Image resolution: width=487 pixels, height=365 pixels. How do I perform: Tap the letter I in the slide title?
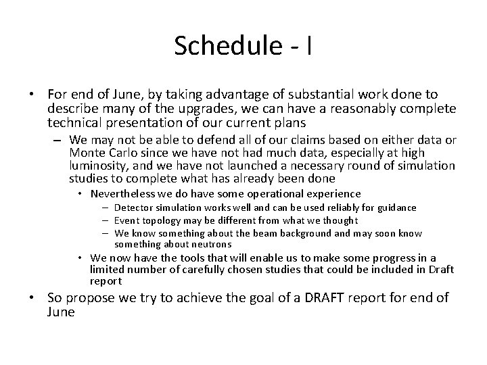(308, 45)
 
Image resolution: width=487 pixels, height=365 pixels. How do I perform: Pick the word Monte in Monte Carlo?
(85, 153)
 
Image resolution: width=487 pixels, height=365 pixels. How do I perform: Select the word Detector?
(133, 208)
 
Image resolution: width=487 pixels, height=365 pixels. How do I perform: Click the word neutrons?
(210, 244)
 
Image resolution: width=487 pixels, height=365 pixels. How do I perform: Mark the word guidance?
(397, 208)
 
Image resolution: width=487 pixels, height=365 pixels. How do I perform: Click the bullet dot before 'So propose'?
(36, 299)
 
